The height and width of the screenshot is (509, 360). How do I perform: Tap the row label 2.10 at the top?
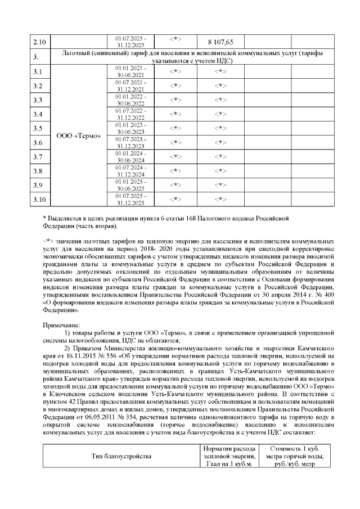pyautogui.click(x=39, y=42)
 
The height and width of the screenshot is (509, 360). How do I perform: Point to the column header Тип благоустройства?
pyautogui.click(x=121, y=456)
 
